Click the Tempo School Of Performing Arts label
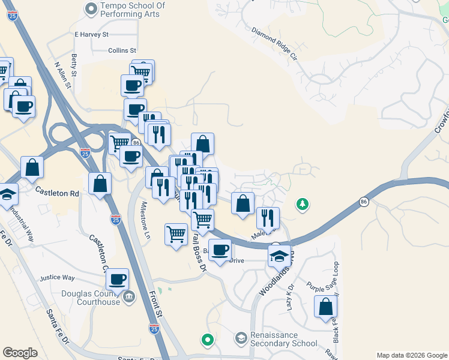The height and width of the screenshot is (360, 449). pyautogui.click(x=130, y=10)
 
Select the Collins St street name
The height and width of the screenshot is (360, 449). pyautogui.click(x=122, y=51)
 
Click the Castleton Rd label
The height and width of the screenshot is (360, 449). pyautogui.click(x=57, y=193)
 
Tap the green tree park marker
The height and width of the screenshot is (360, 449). pyautogui.click(x=303, y=205)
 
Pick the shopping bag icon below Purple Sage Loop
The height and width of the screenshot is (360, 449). pyautogui.click(x=325, y=307)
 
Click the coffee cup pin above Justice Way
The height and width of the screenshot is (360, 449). pyautogui.click(x=118, y=279)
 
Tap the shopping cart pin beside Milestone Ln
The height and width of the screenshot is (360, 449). pyautogui.click(x=176, y=233)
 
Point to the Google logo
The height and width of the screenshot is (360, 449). pyautogui.click(x=20, y=353)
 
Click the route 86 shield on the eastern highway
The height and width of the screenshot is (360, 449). pyautogui.click(x=364, y=202)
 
